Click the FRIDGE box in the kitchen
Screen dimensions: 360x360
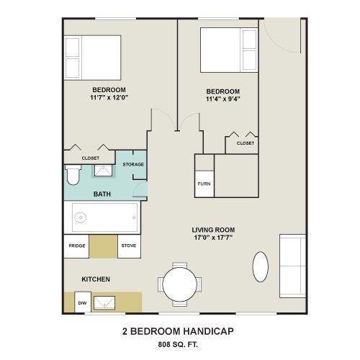point(76,246)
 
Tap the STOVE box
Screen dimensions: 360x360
point(129,246)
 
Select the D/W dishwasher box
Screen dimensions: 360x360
point(83,302)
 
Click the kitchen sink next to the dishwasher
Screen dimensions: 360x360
point(104,302)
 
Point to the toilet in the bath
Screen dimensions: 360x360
point(73,175)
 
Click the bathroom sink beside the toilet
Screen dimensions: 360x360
point(103,171)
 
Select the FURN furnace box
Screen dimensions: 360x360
point(204,184)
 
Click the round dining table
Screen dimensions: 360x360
point(180,284)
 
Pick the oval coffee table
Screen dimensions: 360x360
point(261,266)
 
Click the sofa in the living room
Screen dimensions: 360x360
point(292,266)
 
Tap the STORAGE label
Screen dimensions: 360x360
point(133,164)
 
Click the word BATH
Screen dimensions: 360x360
point(102,194)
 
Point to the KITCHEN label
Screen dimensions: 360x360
point(96,279)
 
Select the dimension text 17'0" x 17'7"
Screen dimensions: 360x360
point(213,238)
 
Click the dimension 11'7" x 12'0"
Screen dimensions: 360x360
point(109,97)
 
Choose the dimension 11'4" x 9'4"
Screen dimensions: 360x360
point(223,99)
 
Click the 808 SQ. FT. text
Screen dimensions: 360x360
point(178,345)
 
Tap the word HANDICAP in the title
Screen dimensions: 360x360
point(209,331)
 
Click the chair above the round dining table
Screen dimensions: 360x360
point(180,265)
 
